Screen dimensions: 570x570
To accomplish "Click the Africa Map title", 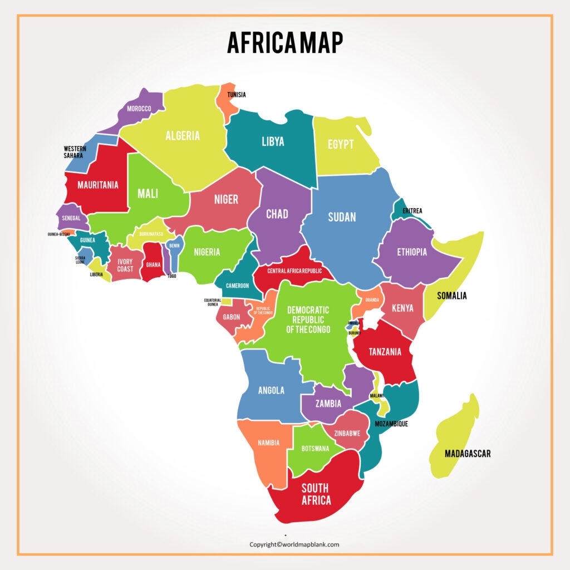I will pyautogui.click(x=284, y=42).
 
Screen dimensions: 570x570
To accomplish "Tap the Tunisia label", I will pyautogui.click(x=236, y=95).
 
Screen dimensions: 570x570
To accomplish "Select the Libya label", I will pyautogui.click(x=273, y=141).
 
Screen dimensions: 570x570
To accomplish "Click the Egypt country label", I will pyautogui.click(x=340, y=144).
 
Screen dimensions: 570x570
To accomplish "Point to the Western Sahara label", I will pyautogui.click(x=75, y=152).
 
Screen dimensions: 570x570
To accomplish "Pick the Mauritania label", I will pyautogui.click(x=97, y=185).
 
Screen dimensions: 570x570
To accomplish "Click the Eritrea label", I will pyautogui.click(x=412, y=211).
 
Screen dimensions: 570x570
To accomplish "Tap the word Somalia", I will pyautogui.click(x=451, y=296).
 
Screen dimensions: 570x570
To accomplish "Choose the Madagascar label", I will pyautogui.click(x=468, y=454).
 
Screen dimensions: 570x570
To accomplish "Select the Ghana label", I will pyautogui.click(x=153, y=264).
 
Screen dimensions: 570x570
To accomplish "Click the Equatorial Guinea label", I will pyautogui.click(x=212, y=302).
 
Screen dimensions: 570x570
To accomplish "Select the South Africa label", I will pyautogui.click(x=316, y=494).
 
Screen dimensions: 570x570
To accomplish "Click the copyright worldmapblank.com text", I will pyautogui.click(x=294, y=544).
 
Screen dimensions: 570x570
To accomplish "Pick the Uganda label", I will pyautogui.click(x=372, y=299).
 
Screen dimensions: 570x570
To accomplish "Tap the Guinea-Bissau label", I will pyautogui.click(x=58, y=234).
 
